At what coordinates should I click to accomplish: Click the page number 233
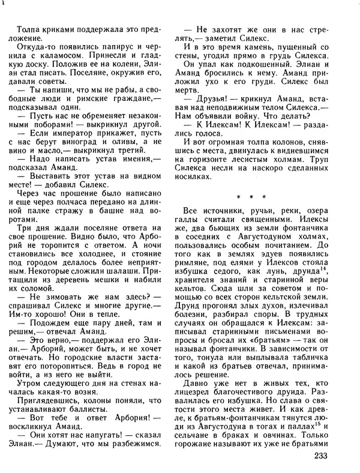(322, 457)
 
